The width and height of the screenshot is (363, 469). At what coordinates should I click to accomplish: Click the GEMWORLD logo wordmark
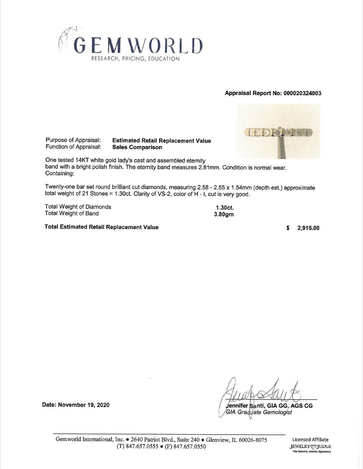click(139, 45)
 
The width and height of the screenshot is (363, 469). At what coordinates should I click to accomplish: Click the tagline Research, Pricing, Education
click(135, 59)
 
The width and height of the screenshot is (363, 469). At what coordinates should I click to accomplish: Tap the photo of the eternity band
click(278, 131)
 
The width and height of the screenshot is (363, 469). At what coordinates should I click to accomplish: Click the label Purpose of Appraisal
click(73, 140)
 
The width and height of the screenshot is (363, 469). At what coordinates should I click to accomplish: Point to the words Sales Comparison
click(137, 147)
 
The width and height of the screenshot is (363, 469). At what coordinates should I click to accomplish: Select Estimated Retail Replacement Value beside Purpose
click(161, 141)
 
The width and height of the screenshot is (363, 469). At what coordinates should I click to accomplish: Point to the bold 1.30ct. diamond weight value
click(224, 208)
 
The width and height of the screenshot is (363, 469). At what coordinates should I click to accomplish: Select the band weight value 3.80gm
click(224, 214)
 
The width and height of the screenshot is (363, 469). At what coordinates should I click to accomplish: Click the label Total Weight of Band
click(72, 213)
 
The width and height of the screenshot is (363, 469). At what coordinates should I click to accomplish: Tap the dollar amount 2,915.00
click(308, 228)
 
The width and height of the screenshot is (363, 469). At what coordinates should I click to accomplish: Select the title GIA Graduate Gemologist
click(259, 412)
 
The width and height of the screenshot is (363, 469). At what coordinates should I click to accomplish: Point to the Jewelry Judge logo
click(310, 446)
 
